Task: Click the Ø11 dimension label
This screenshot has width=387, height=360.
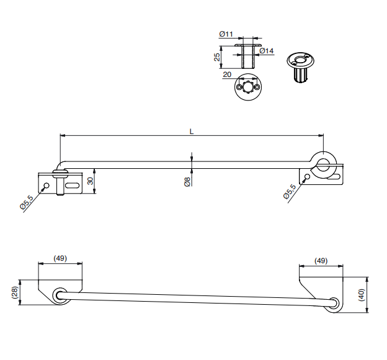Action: point(226,34)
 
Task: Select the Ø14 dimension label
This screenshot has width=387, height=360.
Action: point(267,51)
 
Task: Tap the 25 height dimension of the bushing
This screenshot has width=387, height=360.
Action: point(217,57)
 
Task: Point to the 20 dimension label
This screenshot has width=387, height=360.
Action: point(227,74)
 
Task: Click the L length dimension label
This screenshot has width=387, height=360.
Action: point(192,132)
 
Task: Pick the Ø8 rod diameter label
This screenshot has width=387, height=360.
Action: point(187,182)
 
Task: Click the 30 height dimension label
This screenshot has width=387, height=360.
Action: point(91,181)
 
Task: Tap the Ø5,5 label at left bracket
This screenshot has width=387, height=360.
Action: point(27,202)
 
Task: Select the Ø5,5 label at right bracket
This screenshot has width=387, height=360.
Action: point(290,191)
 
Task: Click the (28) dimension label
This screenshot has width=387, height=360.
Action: point(15,292)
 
